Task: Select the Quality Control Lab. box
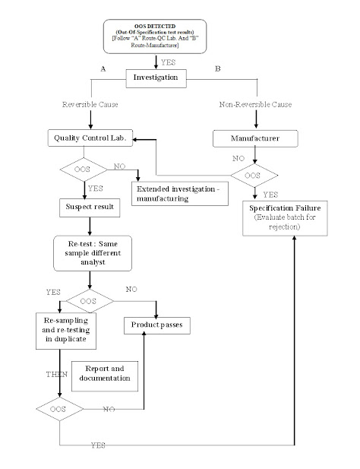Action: [90, 138]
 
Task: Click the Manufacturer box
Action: [254, 138]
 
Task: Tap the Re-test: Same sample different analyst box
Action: [90, 251]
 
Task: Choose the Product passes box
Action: [156, 325]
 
